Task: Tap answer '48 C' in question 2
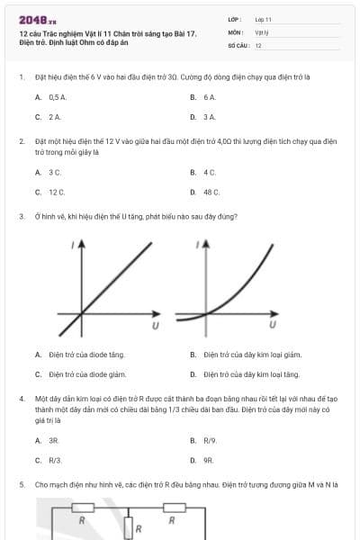(211, 192)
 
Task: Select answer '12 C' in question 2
(57, 192)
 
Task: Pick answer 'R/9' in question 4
(211, 440)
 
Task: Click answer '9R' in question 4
(208, 460)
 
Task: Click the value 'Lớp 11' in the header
(263, 19)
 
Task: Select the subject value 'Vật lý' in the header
(262, 31)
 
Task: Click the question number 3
(21, 217)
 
